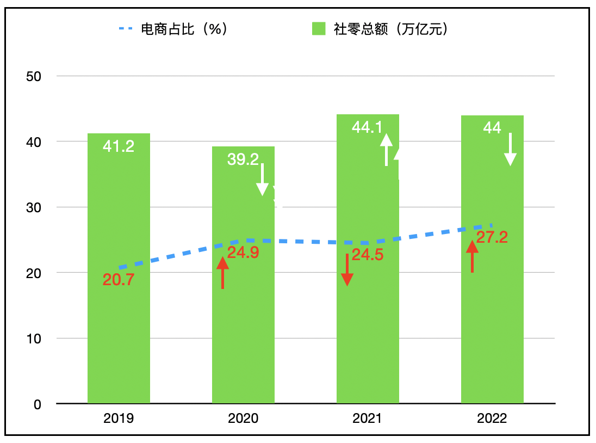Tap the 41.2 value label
119,146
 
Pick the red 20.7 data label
119,280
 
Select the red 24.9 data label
243,253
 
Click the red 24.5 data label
368,254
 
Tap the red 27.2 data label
492,237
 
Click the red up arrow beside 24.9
222,273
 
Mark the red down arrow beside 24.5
347,269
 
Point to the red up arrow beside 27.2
472,256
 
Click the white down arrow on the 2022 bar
510,149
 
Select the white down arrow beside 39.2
262,179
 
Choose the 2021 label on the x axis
368,419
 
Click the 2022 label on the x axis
492,419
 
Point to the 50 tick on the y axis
34,76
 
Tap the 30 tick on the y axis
34,207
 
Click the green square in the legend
319,29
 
